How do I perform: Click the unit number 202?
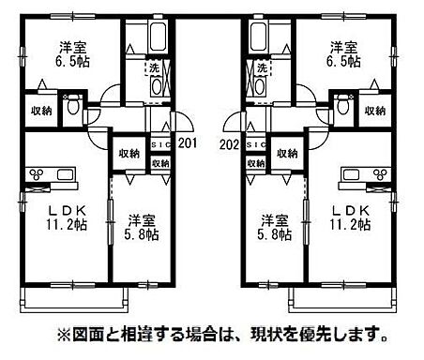(x=227, y=144)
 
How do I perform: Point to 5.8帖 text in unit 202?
(x=277, y=235)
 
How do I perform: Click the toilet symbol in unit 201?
(x=70, y=106)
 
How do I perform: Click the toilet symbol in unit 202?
(x=344, y=106)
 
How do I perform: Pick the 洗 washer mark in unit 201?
(x=153, y=67)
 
